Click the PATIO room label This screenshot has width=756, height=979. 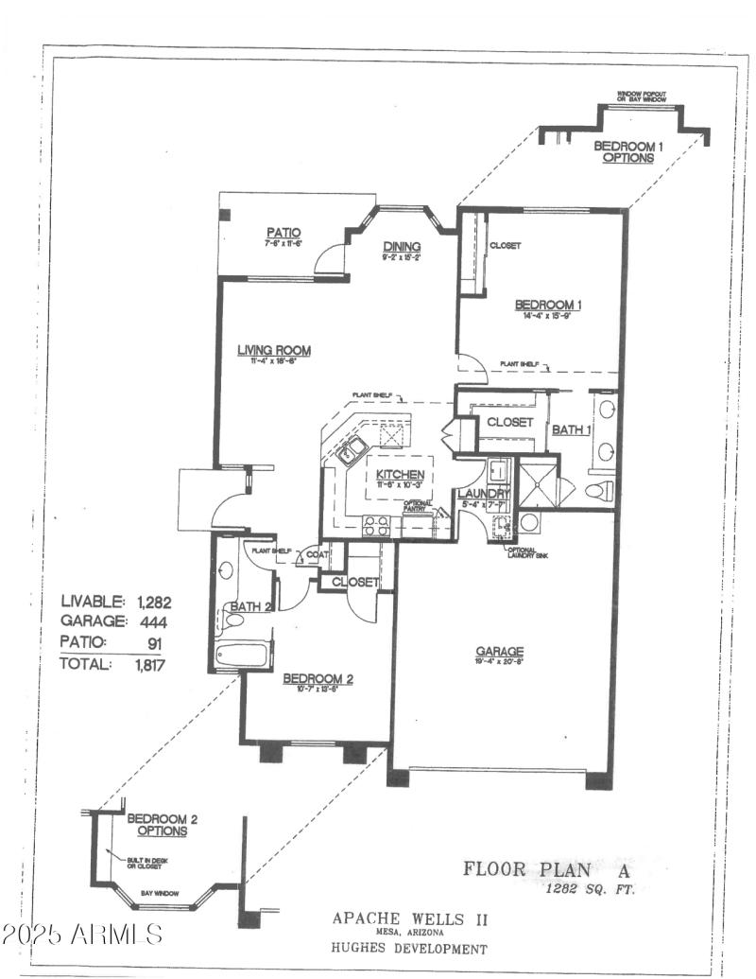coord(283,232)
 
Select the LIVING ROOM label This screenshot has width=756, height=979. coord(273,351)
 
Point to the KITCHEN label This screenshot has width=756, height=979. coord(400,474)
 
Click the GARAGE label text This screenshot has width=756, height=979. coord(500,652)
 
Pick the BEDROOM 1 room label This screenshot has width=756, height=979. coord(547,305)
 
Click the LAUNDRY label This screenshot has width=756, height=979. coord(483,494)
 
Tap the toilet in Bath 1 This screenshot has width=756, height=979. coord(599,490)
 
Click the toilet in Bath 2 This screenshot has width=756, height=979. coord(232,621)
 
